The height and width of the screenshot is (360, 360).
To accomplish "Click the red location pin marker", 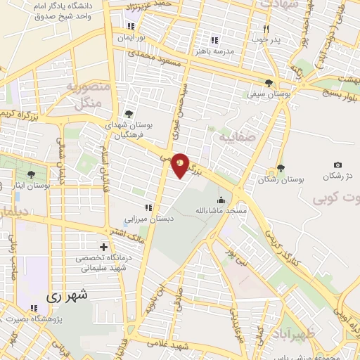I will pyautogui.click(x=181, y=165).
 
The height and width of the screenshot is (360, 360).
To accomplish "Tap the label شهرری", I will pyautogui.click(x=70, y=297).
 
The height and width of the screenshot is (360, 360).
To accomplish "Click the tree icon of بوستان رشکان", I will pyautogui.click(x=281, y=168).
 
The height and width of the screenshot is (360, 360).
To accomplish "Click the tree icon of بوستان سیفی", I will pyautogui.click(x=269, y=83).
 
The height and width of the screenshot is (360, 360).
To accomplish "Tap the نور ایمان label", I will pyautogui.click(x=130, y=35).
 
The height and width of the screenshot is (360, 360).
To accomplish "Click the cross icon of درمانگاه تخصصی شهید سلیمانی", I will pyautogui.click(x=104, y=247).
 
